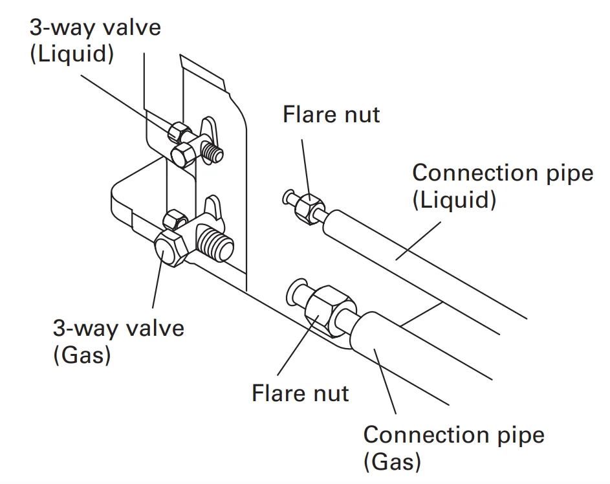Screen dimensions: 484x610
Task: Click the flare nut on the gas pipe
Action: (327, 310)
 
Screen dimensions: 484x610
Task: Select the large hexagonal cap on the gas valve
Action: (170, 251)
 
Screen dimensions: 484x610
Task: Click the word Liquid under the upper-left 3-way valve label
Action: (72, 54)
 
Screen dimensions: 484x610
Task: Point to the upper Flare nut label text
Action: (331, 115)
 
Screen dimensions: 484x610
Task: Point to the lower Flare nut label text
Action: (300, 393)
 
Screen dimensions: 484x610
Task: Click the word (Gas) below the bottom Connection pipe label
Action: (392, 462)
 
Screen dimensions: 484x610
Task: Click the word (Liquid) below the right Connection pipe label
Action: (454, 200)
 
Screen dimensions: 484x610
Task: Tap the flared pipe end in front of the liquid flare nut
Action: (289, 196)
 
